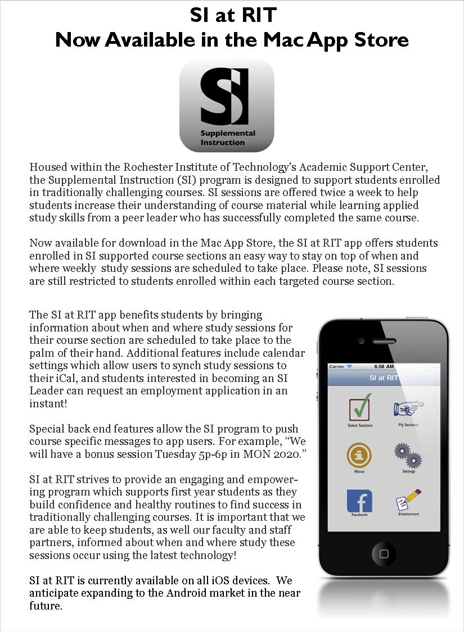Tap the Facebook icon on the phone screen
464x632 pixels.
359,501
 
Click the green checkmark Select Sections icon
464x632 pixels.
359,408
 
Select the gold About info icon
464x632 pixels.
359,455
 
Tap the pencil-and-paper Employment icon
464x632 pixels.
408,501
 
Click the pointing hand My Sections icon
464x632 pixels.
408,408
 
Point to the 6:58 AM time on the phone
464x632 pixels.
384,366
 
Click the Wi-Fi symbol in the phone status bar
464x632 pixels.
350,366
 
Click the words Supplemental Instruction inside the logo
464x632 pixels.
227,138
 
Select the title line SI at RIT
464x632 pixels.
232,15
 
